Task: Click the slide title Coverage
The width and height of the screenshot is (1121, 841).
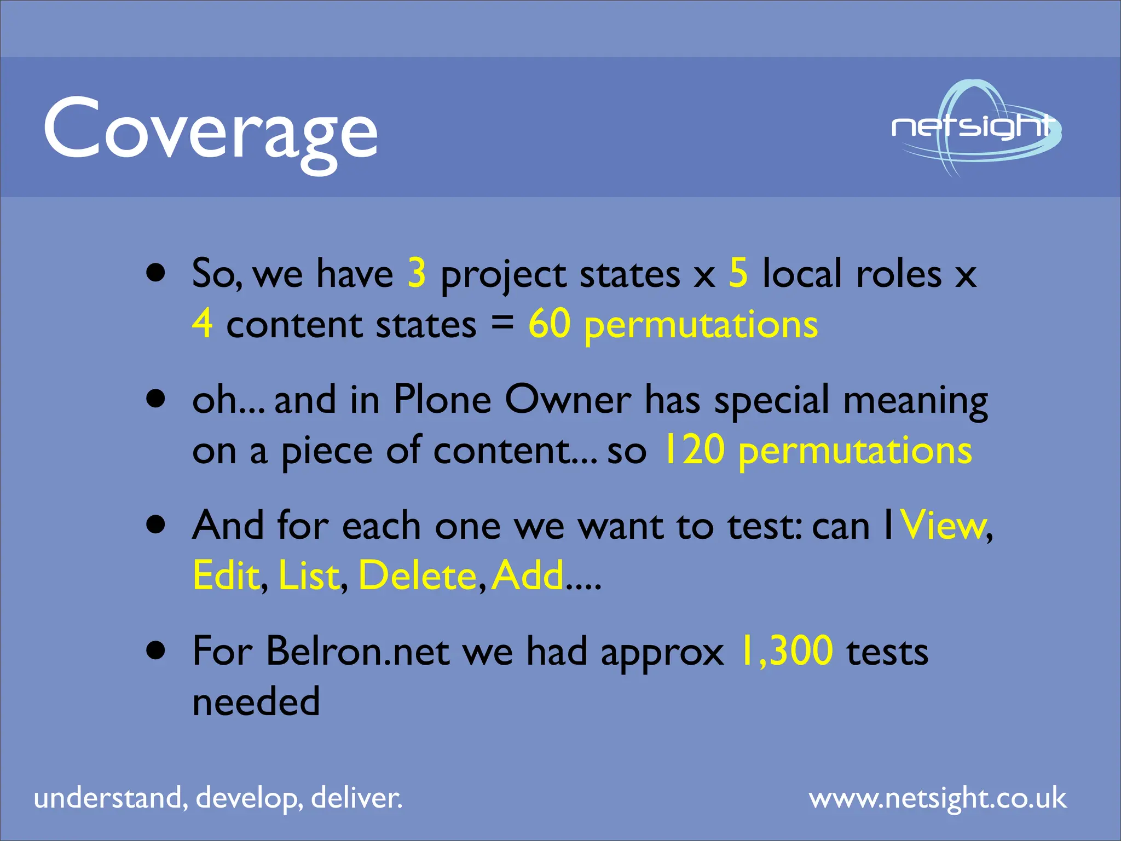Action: (211, 131)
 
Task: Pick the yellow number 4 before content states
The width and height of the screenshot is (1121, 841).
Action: (203, 324)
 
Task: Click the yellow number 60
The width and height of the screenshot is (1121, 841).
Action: (550, 324)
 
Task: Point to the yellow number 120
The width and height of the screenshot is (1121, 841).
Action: (694, 450)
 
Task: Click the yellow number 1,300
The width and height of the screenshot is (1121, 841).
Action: (786, 651)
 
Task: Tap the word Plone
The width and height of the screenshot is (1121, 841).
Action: (442, 399)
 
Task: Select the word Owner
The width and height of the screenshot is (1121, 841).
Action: (568, 399)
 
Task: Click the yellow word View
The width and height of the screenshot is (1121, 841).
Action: (943, 525)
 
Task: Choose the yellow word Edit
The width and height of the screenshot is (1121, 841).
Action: (226, 575)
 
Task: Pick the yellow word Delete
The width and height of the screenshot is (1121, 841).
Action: (418, 575)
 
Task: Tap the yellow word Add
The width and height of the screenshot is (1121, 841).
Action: (528, 575)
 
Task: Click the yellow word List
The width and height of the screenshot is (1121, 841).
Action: (309, 575)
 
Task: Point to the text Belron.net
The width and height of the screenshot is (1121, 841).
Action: (358, 651)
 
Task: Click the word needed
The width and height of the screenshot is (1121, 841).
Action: (256, 701)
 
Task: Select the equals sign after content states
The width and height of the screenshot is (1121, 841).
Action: (502, 324)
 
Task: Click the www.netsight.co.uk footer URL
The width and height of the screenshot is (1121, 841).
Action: (938, 798)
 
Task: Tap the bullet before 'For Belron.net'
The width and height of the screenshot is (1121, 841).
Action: (156, 650)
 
